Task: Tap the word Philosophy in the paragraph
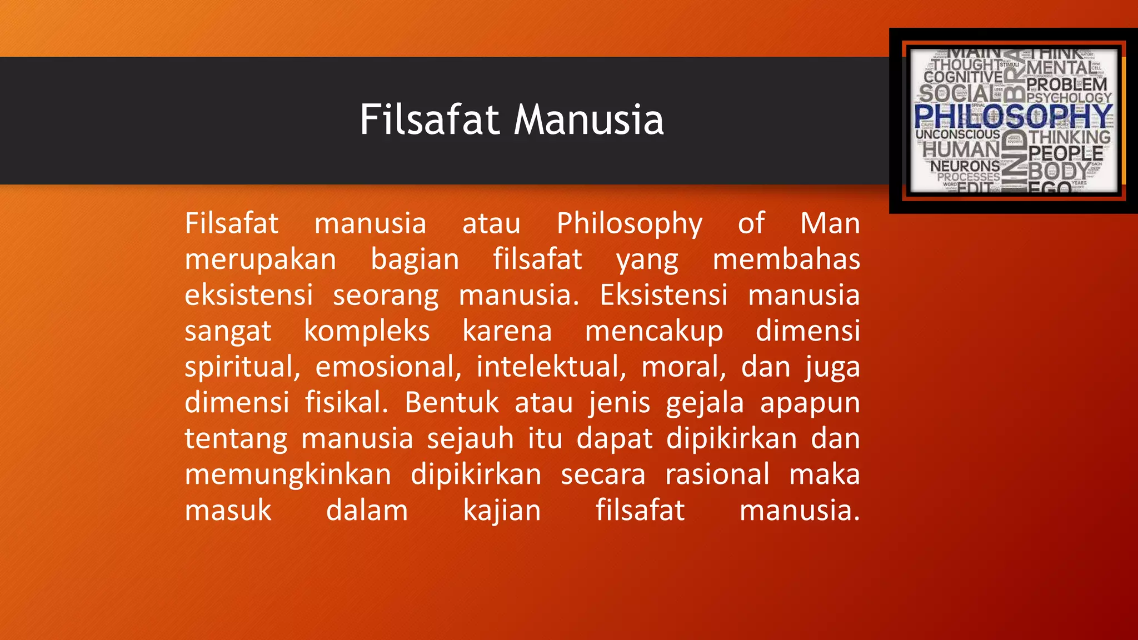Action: (630, 224)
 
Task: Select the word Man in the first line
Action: (830, 223)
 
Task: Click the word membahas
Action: (786, 259)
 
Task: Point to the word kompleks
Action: (367, 332)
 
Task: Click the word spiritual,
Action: (242, 368)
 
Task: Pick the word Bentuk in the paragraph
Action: (452, 403)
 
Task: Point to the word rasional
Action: (717, 475)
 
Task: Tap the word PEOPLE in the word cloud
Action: (1065, 153)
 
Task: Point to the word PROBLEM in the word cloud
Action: (1067, 84)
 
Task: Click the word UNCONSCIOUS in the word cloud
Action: (957, 134)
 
